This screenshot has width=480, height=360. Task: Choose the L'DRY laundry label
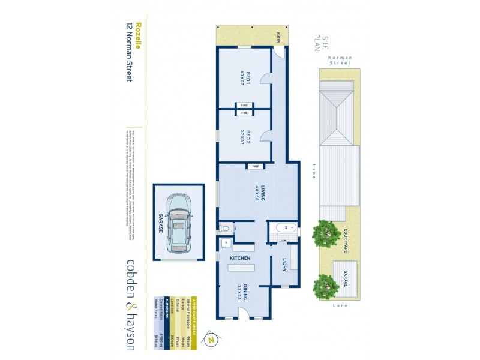pyautogui.click(x=286, y=265)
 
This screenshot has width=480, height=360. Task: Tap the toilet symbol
pyautogui.click(x=225, y=228)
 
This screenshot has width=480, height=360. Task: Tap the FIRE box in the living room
pyautogui.click(x=256, y=166)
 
